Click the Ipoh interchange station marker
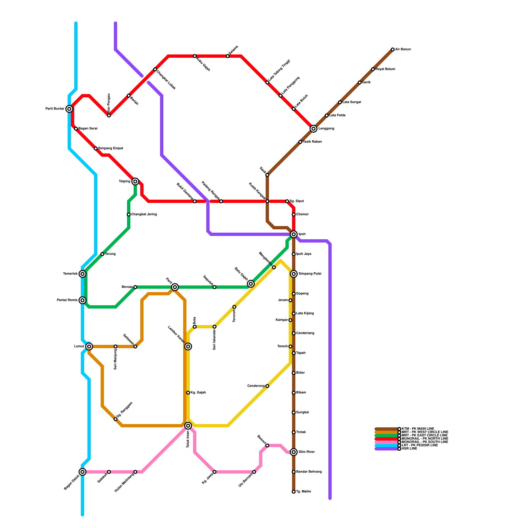[x=294, y=234]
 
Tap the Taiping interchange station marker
[x=135, y=181]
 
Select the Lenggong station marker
[x=313, y=129]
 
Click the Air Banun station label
[x=403, y=49]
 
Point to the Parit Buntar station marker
[x=69, y=109]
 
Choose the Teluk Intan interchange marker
[x=188, y=426]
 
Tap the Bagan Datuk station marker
[x=82, y=472]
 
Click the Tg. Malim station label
[x=304, y=492]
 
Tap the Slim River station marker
[x=294, y=452]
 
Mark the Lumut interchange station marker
[x=89, y=346]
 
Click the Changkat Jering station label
[x=144, y=214]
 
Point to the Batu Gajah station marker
[x=251, y=284]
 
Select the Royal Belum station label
[x=385, y=69]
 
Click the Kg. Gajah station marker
[x=188, y=393]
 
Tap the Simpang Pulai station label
[x=310, y=274]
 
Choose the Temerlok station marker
[x=82, y=274]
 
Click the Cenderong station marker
[x=267, y=386]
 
